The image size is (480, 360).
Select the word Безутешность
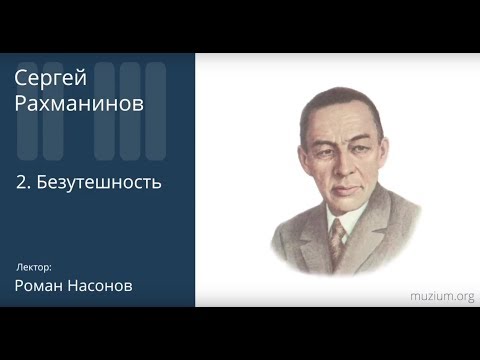point(100,184)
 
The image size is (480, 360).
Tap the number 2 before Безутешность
point(22,184)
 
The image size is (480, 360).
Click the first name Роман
point(41,287)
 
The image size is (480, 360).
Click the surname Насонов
point(102,287)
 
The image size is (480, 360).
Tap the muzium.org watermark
point(441,296)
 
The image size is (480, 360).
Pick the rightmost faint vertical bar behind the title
point(156,110)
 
